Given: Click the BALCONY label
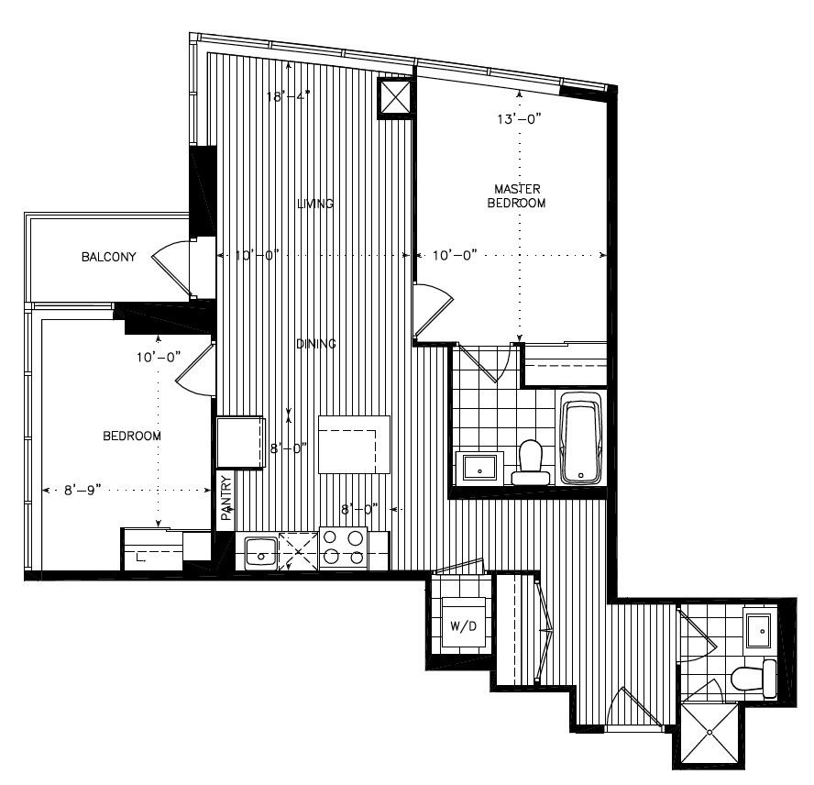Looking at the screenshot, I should (x=108, y=257).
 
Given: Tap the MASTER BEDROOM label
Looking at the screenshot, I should (x=516, y=196).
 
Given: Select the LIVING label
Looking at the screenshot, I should (x=314, y=204).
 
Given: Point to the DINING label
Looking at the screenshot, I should (x=315, y=344).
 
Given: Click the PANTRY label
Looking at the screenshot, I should (x=225, y=498).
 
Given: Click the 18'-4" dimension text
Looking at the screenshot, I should (x=289, y=94).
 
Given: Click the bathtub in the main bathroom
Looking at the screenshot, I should (x=580, y=437).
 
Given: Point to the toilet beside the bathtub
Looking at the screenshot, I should (x=530, y=462).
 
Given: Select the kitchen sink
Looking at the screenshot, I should (x=261, y=552).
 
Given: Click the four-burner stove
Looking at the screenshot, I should (x=343, y=548).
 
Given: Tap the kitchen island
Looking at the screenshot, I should (x=354, y=444).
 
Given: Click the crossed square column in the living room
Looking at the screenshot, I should (x=397, y=98).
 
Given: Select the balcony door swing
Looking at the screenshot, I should (x=172, y=268).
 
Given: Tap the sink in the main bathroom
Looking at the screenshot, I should (x=478, y=467).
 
